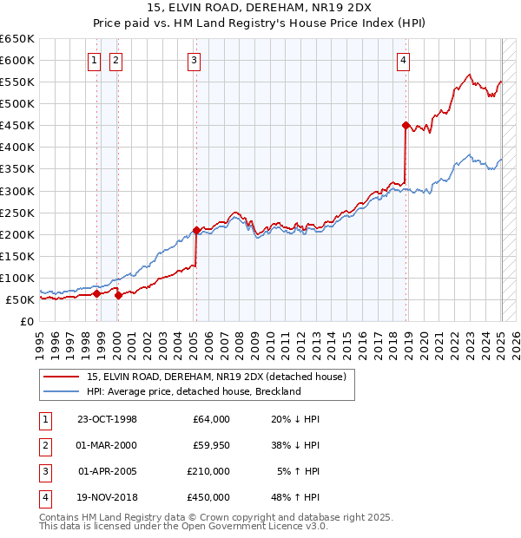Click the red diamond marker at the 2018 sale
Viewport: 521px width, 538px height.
(x=406, y=125)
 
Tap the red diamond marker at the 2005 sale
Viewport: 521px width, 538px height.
(x=196, y=230)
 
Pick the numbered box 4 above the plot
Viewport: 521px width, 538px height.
(x=404, y=60)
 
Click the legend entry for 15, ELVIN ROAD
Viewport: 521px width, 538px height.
(x=216, y=377)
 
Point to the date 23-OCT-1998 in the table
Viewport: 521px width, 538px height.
(x=107, y=419)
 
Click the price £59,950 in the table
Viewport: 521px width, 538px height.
(x=208, y=445)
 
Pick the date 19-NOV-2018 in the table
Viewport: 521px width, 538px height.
(x=107, y=497)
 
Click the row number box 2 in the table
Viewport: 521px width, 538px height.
(x=44, y=445)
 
